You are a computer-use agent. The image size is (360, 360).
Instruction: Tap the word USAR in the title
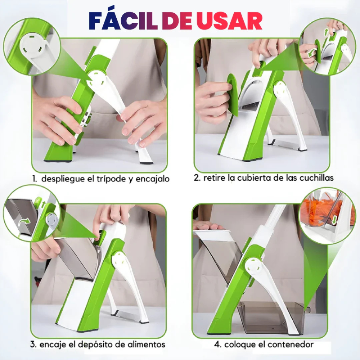tap(229, 21)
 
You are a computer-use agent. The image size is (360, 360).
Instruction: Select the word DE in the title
tap(177, 21)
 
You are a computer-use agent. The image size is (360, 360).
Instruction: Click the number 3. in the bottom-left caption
tap(33, 345)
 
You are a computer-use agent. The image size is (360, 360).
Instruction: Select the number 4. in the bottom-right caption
tap(218, 345)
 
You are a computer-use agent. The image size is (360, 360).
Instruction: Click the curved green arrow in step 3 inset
tap(24, 222)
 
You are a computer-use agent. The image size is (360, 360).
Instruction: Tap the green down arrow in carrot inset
tap(334, 219)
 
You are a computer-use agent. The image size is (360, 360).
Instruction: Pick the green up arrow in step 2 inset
tap(326, 32)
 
